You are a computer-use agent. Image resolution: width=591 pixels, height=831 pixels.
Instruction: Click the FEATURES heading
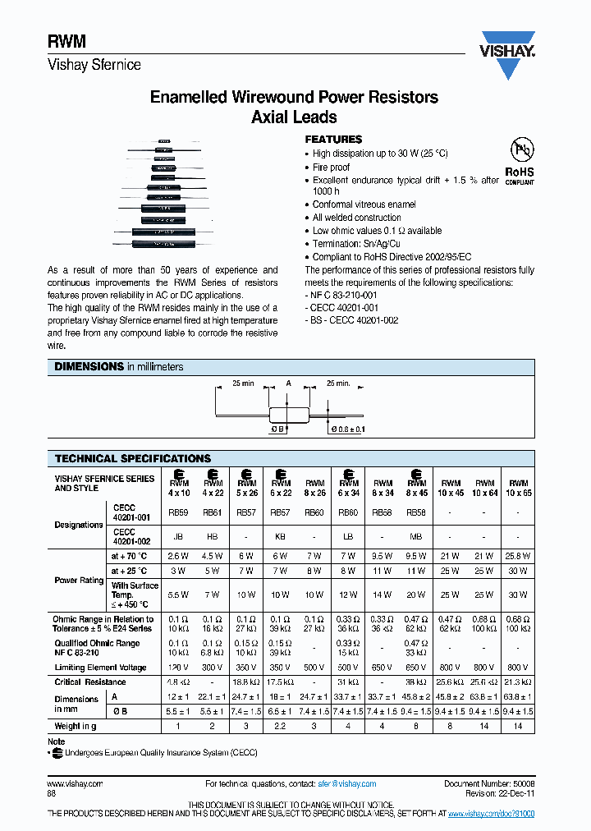[x=333, y=140]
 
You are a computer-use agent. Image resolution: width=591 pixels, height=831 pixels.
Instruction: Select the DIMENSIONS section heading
[x=89, y=367]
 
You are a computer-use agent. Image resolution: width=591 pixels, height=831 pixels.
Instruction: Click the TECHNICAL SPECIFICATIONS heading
[x=132, y=458]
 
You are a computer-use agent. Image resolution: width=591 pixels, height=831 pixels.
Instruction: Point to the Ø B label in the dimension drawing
[x=277, y=429]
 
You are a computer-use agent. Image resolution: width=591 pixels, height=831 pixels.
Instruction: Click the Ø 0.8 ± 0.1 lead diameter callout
[x=347, y=429]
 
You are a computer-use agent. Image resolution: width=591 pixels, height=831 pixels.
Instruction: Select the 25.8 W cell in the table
[x=519, y=556]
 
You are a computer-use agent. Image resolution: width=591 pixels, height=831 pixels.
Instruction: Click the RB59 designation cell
[x=178, y=511]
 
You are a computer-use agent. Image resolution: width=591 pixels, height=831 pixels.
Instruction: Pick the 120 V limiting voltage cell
[x=178, y=668]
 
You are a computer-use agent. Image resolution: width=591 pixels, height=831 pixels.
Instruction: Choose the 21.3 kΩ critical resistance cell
[x=519, y=682]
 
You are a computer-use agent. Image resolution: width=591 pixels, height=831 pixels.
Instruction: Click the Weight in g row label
[x=75, y=726]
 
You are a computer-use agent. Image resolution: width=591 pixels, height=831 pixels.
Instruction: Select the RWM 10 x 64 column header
[x=485, y=488]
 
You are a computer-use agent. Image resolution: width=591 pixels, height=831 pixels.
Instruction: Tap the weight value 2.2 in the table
[x=281, y=726]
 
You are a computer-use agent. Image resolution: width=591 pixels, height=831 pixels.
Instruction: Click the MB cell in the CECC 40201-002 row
[x=417, y=535]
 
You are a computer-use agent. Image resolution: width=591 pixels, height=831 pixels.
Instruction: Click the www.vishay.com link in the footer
[x=75, y=784]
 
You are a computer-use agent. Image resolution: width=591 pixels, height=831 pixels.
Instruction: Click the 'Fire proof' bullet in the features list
[x=331, y=167]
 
